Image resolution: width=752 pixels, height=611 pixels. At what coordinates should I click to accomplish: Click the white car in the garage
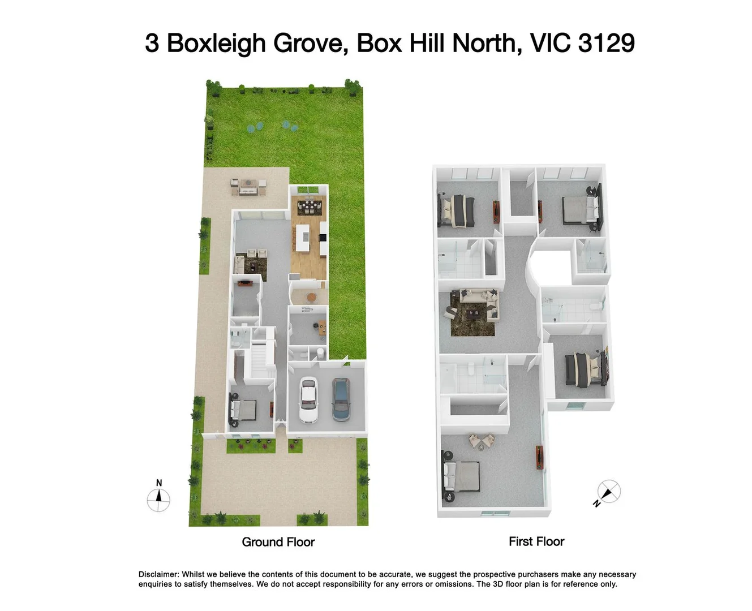click(x=307, y=400)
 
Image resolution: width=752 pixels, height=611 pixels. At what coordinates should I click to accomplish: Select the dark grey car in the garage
click(x=341, y=400)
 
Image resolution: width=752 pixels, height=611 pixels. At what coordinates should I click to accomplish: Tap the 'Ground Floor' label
click(x=278, y=542)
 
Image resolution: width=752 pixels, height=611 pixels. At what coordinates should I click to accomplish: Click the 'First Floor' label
click(x=536, y=541)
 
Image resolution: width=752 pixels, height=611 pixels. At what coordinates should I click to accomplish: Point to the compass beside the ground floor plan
click(x=158, y=500)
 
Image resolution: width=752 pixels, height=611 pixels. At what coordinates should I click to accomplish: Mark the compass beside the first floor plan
click(x=608, y=492)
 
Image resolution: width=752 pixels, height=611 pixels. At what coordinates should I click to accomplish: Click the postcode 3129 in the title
click(x=606, y=44)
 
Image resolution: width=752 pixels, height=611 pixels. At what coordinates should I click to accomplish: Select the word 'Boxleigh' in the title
click(x=216, y=44)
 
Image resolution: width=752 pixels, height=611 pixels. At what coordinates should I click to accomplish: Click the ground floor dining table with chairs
click(x=308, y=207)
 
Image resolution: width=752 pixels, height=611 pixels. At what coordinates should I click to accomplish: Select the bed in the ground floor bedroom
click(x=243, y=411)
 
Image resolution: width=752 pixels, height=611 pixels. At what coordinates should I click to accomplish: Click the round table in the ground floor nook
click(x=311, y=296)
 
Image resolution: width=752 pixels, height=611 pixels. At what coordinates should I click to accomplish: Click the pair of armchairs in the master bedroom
click(x=480, y=441)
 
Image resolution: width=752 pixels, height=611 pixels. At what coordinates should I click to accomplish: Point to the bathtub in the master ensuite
click(x=448, y=378)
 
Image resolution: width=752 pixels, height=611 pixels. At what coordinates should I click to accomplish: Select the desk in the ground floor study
click(x=322, y=328)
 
